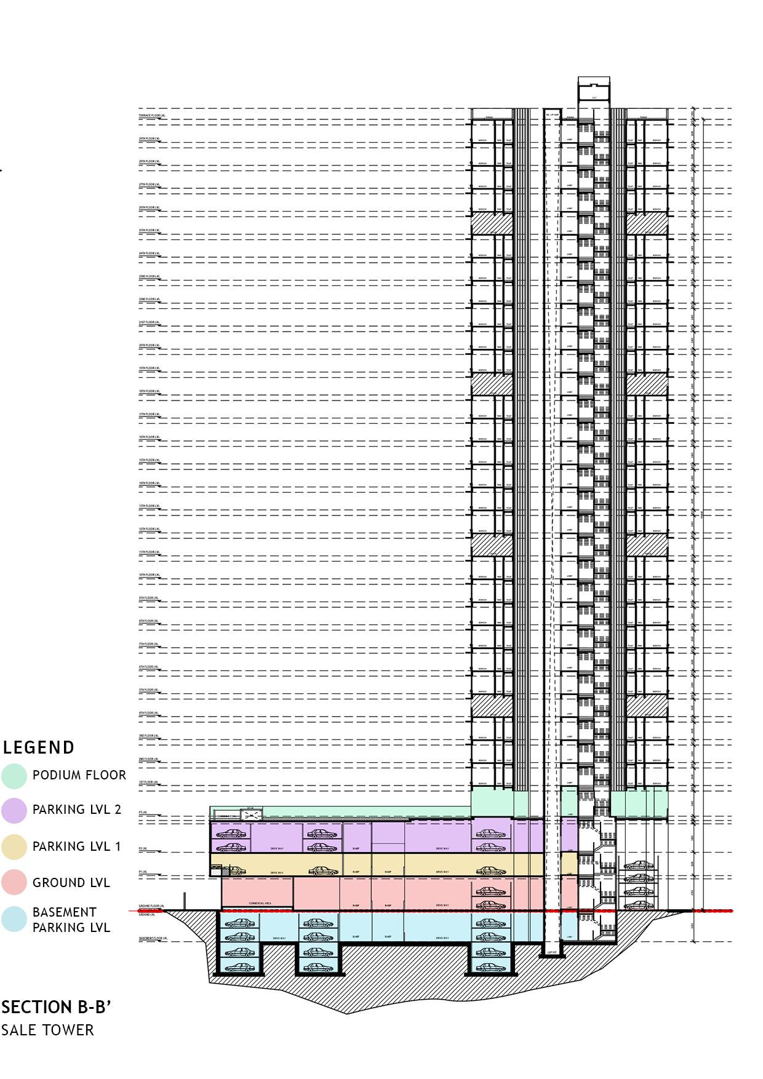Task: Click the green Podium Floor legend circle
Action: point(14,776)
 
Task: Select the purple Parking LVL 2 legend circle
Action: point(14,810)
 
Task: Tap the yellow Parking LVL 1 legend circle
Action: point(14,846)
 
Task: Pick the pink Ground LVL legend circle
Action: point(14,883)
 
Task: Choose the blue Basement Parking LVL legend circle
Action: point(14,919)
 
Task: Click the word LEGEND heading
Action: point(39,747)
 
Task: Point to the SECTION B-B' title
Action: point(57,1007)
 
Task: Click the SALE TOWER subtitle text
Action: point(47,1030)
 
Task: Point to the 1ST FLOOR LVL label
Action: point(148,782)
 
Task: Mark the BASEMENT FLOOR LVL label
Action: point(153,939)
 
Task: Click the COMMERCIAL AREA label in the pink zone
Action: point(260,903)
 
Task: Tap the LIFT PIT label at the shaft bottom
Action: point(551,954)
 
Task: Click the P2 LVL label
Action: point(143,848)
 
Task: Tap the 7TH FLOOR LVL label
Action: point(148,644)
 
